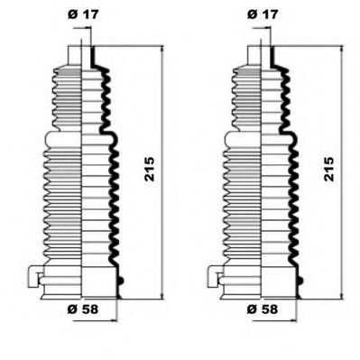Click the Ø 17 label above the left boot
tap(83, 14)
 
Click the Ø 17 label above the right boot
tap(263, 14)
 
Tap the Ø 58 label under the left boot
tap(83, 309)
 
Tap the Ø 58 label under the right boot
tap(263, 309)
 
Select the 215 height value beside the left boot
tap(150, 169)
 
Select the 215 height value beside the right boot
tap(329, 169)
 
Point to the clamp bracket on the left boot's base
tap(35, 276)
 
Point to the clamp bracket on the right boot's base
tap(215, 276)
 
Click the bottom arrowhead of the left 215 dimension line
tap(162, 295)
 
